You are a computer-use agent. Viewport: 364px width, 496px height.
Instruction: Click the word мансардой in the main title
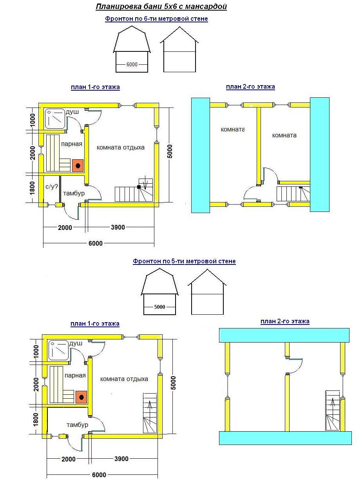coord(206,7)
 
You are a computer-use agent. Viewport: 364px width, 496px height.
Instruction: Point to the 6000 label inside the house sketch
coord(132,64)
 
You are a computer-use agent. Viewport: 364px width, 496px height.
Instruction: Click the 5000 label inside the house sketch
coord(159,307)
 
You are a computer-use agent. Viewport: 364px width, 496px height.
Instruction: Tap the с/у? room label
coord(52,187)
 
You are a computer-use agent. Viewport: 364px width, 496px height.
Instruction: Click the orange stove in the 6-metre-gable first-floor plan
coord(78,166)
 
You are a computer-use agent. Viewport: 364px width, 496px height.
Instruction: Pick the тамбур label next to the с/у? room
coord(74,193)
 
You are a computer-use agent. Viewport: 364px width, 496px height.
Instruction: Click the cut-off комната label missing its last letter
coord(233,129)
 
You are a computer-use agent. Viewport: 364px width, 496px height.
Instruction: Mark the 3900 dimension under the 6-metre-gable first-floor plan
coord(118,227)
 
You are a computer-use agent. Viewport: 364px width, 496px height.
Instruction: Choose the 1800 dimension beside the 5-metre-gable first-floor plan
coord(36,419)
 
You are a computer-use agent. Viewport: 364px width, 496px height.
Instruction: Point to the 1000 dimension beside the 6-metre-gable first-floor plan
coord(32,120)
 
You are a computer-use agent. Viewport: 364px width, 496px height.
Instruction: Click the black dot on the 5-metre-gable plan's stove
coord(81,397)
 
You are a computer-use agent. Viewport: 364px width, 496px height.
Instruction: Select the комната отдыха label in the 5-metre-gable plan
coord(124,379)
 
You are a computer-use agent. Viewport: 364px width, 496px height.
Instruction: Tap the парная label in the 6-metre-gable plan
coord(71,144)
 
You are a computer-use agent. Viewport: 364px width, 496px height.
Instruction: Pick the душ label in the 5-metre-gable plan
coord(76,343)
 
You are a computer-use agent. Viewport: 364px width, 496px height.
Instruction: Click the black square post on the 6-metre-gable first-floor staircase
coord(139,187)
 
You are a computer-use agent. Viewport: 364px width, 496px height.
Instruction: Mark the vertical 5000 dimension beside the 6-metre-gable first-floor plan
coord(170,151)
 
